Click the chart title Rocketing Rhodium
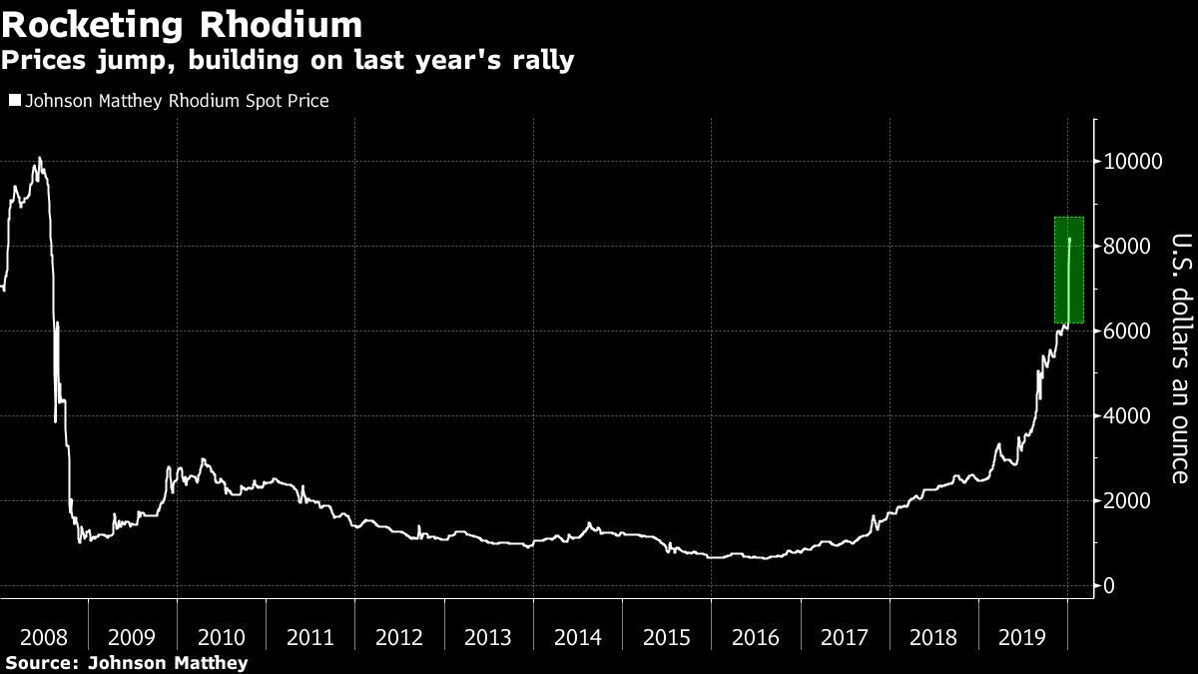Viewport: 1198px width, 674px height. [182, 23]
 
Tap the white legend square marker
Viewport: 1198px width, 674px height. [14, 101]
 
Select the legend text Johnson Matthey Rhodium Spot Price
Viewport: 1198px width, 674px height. [175, 101]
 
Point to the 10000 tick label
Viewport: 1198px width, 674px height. [1133, 162]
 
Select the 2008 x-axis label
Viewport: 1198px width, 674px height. [44, 636]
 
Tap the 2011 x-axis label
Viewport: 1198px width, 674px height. [310, 636]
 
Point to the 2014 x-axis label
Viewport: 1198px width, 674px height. [577, 636]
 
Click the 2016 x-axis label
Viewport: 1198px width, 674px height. [756, 636]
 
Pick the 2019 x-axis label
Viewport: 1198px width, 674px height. [1022, 636]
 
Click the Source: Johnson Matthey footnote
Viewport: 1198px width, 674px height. [126, 662]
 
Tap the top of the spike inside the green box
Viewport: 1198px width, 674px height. [1070, 239]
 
